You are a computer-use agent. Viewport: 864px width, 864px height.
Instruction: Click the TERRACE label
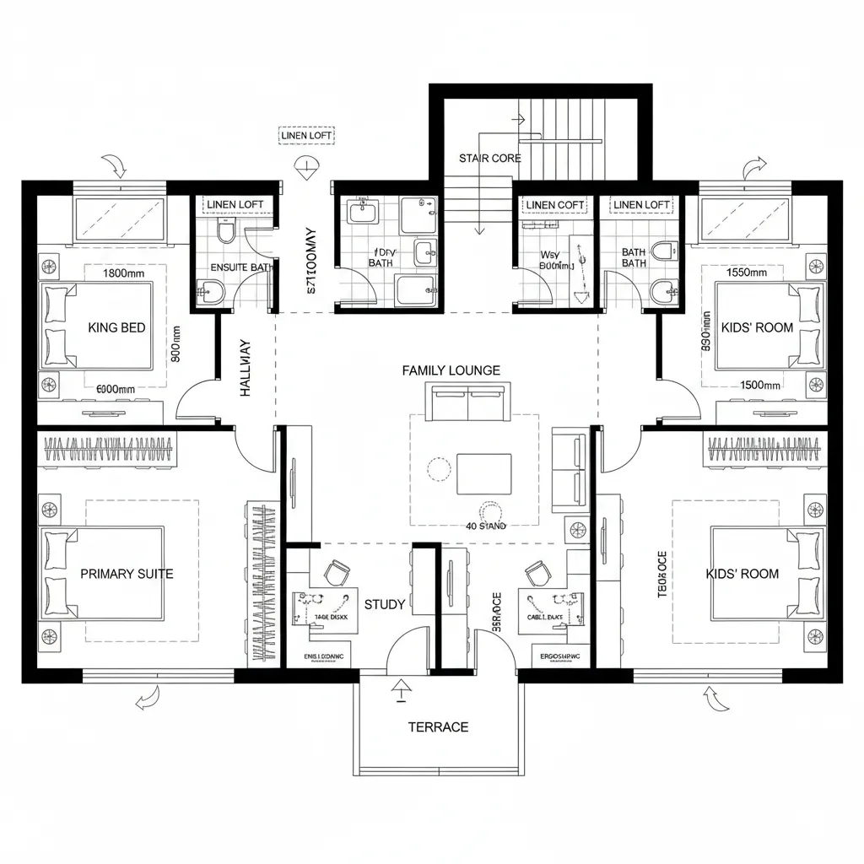click(x=438, y=726)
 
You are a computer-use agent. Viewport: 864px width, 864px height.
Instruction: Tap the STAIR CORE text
click(x=489, y=158)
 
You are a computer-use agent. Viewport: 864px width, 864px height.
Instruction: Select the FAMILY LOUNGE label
click(x=451, y=370)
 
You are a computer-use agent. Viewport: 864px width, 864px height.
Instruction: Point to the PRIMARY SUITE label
click(x=127, y=574)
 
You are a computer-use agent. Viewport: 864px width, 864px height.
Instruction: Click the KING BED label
click(x=116, y=327)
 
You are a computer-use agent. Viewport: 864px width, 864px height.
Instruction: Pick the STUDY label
click(x=385, y=604)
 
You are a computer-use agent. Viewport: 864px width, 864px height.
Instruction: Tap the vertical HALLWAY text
click(x=246, y=369)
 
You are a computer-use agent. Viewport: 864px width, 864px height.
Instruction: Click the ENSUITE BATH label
click(x=242, y=267)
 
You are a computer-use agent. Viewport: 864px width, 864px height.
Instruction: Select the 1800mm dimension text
click(x=125, y=273)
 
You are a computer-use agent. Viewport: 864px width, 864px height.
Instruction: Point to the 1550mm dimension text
click(x=746, y=273)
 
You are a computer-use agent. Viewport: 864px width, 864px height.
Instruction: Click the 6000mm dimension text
click(x=116, y=389)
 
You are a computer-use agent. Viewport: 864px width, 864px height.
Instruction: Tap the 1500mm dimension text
click(x=759, y=385)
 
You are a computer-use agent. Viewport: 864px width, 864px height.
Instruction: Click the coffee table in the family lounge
click(x=483, y=473)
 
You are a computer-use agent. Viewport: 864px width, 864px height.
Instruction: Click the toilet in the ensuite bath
click(x=225, y=230)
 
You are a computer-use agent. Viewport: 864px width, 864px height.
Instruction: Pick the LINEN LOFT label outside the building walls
click(x=305, y=135)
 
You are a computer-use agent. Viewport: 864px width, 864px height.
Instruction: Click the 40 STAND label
click(x=485, y=526)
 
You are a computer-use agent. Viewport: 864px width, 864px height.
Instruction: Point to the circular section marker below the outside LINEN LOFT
click(x=306, y=166)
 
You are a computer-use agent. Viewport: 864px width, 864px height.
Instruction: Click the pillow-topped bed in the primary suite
click(x=105, y=572)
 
